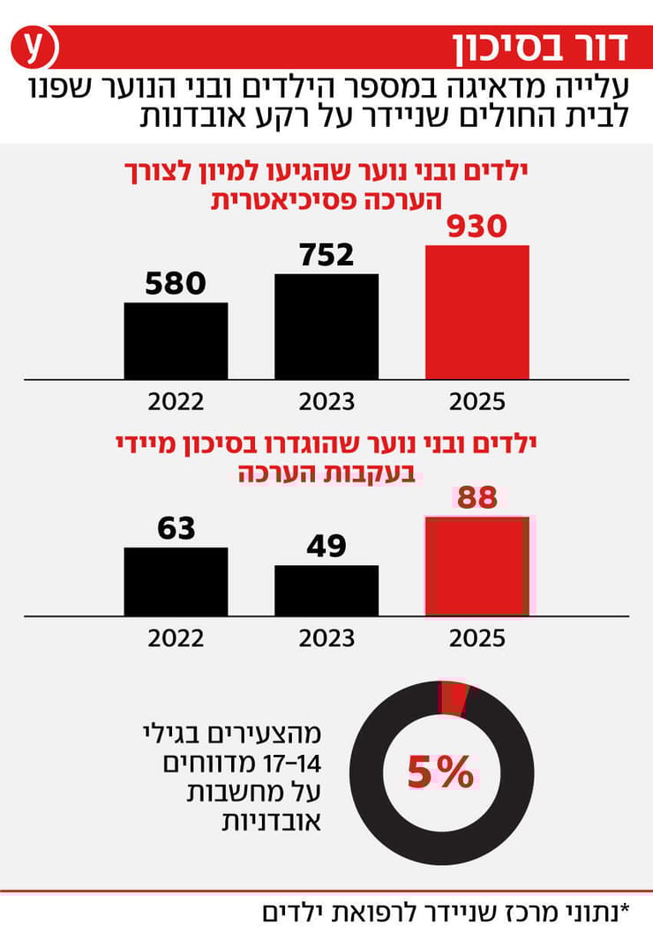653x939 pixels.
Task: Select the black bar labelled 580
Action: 176,341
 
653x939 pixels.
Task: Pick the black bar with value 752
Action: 326,326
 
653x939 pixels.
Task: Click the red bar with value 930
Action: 477,312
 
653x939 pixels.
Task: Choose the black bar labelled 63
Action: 176,582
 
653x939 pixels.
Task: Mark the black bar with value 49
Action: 326,591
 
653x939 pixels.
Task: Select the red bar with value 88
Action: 477,567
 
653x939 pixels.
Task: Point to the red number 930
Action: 477,227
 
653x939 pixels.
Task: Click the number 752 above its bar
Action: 326,255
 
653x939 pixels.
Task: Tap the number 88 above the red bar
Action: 477,498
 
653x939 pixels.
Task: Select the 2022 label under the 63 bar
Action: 176,637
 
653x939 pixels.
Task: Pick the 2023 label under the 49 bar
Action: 326,637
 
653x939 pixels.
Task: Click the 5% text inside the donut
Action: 440,774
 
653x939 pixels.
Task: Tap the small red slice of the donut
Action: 454,697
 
